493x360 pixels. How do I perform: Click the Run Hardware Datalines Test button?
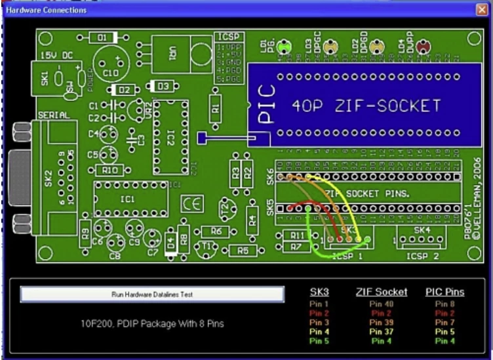[152, 294]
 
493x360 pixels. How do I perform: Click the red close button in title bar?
[481, 10]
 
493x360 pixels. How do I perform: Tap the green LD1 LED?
[284, 47]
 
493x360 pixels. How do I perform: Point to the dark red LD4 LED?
[424, 47]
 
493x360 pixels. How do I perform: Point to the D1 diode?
[102, 39]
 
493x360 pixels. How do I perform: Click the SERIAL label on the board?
[54, 115]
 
